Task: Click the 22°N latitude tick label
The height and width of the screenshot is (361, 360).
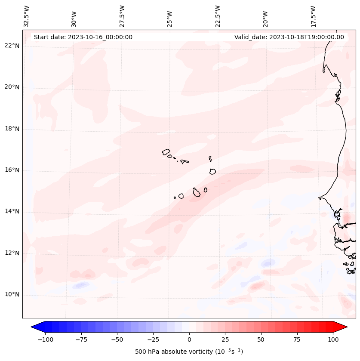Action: tap(12, 46)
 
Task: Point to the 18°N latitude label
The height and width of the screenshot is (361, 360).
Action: tap(12, 129)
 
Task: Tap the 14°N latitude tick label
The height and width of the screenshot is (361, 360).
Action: tap(12, 212)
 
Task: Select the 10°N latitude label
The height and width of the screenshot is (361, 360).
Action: tap(12, 295)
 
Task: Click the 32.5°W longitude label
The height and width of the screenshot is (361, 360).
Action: tap(27, 16)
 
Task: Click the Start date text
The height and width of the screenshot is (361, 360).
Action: tap(83, 37)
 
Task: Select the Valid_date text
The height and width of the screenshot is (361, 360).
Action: tap(289, 37)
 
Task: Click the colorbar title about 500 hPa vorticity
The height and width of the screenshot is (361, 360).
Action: tap(189, 352)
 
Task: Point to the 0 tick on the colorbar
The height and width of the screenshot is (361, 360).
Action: tap(189, 339)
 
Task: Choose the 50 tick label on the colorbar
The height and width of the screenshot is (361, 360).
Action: tap(261, 339)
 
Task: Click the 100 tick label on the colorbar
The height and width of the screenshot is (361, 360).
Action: tap(332, 339)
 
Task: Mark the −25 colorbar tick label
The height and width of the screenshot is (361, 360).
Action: tap(153, 339)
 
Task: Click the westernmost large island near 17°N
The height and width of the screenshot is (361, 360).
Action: tap(166, 152)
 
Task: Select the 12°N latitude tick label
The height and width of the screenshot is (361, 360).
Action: tap(12, 253)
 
